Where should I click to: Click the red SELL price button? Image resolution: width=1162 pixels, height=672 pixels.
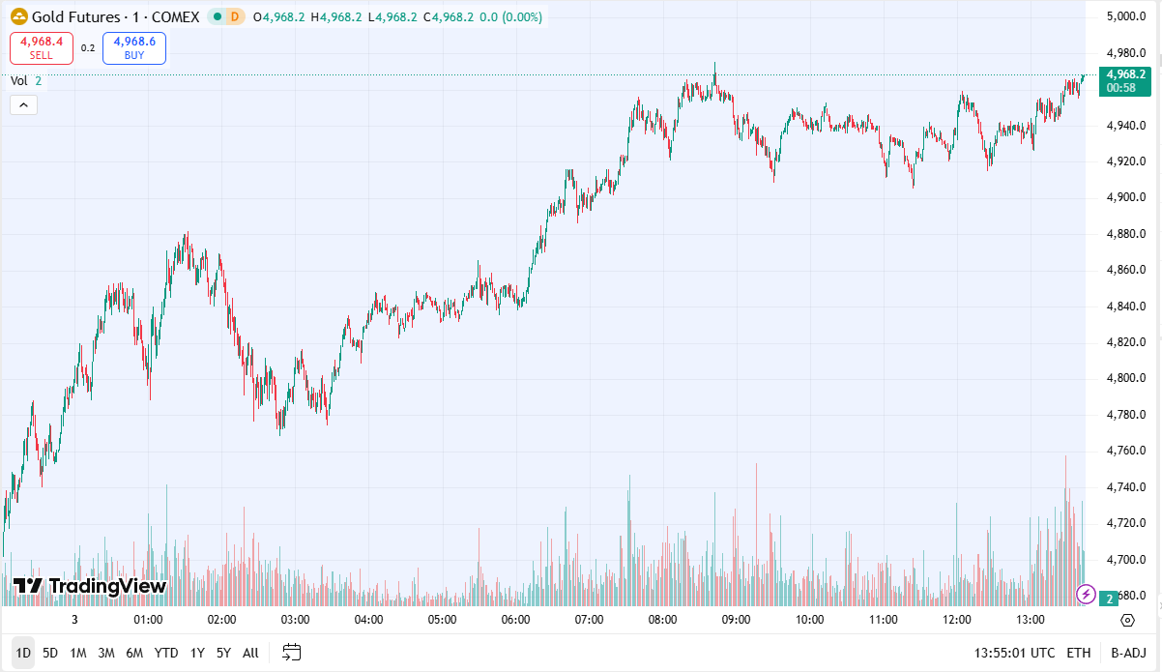point(42,47)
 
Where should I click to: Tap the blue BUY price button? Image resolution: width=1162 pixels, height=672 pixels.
point(134,47)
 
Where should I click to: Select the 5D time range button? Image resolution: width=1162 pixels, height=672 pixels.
point(50,653)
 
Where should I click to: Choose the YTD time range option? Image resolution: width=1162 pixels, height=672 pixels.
point(166,653)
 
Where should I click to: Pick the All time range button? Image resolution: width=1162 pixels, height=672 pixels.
point(250,653)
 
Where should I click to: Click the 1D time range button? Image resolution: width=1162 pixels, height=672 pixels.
point(23,653)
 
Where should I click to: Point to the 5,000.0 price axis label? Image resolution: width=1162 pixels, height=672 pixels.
point(1126,16)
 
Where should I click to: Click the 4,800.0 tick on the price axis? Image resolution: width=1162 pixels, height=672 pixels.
point(1126,378)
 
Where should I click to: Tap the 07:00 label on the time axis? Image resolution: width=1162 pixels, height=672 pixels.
point(589,620)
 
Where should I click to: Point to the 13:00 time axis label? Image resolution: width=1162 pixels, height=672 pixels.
point(1031,620)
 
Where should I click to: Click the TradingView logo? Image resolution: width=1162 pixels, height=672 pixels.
point(90,586)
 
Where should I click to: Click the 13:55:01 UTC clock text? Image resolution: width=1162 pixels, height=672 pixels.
point(1015,653)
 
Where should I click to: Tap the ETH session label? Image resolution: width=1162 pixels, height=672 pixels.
point(1079,653)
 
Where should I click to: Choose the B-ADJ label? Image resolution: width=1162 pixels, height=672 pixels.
point(1128,653)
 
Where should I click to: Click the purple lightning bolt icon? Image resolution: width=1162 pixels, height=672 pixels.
point(1086,594)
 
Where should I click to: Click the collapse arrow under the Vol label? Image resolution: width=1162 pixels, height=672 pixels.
point(24,105)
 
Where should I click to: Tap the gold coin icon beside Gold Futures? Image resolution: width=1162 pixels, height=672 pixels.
point(18,16)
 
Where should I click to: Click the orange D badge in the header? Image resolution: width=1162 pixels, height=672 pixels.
point(234,16)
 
